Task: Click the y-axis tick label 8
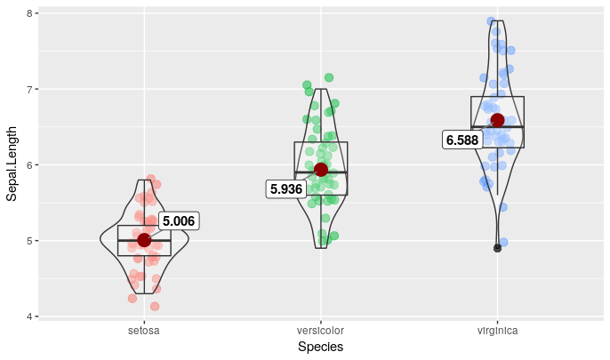tap(30, 14)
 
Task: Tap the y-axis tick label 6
tap(30, 165)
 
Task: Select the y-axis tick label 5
tap(30, 241)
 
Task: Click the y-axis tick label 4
tap(30, 316)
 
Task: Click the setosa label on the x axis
tap(144, 332)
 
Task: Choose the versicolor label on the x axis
tap(320, 332)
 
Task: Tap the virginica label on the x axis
tap(497, 332)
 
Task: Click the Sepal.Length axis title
tap(12, 165)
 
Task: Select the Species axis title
tap(320, 348)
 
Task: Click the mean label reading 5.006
tap(178, 221)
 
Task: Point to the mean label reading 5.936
tap(286, 189)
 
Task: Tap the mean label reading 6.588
tap(462, 140)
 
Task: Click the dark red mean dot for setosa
tap(144, 240)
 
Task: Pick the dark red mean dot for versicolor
tap(321, 170)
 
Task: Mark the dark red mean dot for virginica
tap(497, 120)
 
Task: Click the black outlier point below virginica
tap(497, 248)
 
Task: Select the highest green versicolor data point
tap(329, 77)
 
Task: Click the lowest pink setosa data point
tap(155, 307)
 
